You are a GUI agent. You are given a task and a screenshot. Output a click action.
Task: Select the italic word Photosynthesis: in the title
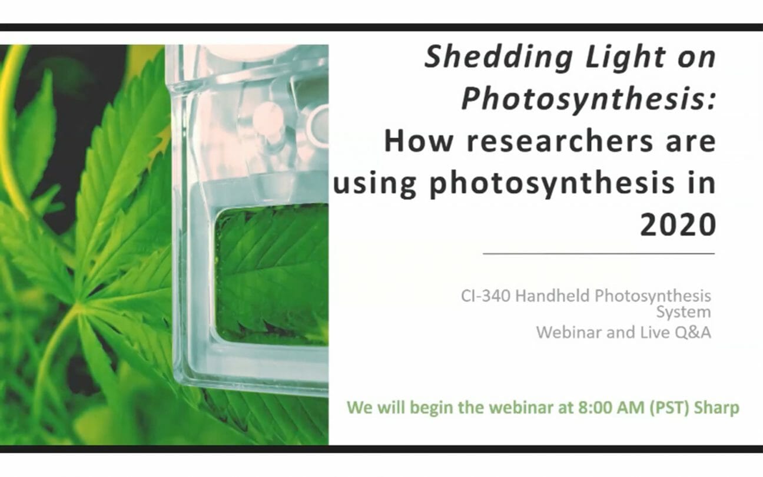tap(588, 100)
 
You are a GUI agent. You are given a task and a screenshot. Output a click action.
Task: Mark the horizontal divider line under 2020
tap(599, 253)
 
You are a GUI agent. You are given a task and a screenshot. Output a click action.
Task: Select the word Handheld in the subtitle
tap(551, 296)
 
